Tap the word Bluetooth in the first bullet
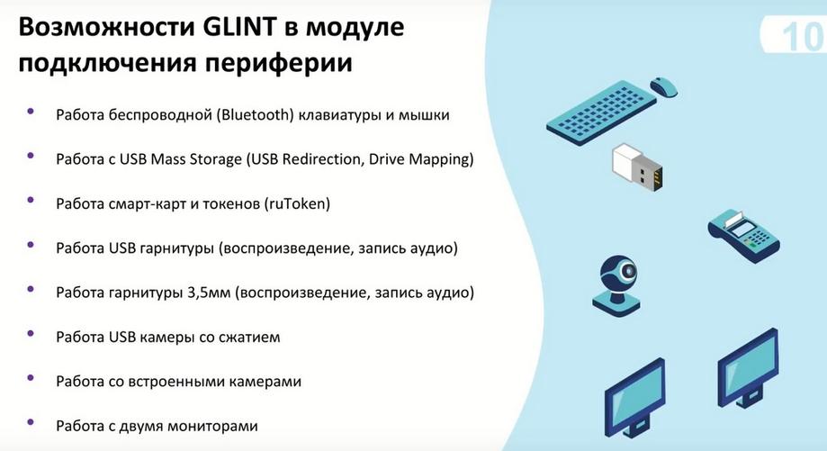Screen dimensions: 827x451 tap(255, 114)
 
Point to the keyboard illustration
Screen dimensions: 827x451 tap(602, 113)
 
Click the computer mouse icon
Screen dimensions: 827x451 tap(664, 86)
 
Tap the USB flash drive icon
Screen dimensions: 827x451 tap(637, 167)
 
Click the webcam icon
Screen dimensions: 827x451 tap(617, 285)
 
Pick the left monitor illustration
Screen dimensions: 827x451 tap(634, 397)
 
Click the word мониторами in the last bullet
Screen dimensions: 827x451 tap(212, 426)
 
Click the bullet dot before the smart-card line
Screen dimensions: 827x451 tap(30, 200)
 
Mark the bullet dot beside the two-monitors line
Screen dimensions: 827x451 tap(30, 422)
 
